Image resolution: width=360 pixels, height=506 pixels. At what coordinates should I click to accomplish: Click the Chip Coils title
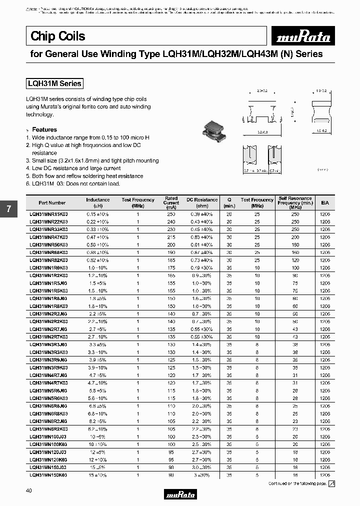58,36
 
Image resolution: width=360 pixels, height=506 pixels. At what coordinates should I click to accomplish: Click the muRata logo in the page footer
180,494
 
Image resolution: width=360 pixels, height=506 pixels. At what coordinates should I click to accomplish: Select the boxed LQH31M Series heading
54,84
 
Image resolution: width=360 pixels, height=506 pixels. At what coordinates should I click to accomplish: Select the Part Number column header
52,202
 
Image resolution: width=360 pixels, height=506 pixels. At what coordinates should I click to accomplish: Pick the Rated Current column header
171,201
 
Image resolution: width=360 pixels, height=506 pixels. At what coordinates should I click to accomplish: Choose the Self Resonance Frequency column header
295,201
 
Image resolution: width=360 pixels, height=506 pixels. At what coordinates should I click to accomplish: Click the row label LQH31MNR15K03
49,213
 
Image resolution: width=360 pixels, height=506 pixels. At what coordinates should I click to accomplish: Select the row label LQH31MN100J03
49,437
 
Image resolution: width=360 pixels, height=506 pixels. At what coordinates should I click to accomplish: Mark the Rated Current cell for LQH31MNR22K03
171,221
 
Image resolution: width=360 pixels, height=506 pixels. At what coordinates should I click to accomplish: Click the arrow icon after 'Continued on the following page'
331,483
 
